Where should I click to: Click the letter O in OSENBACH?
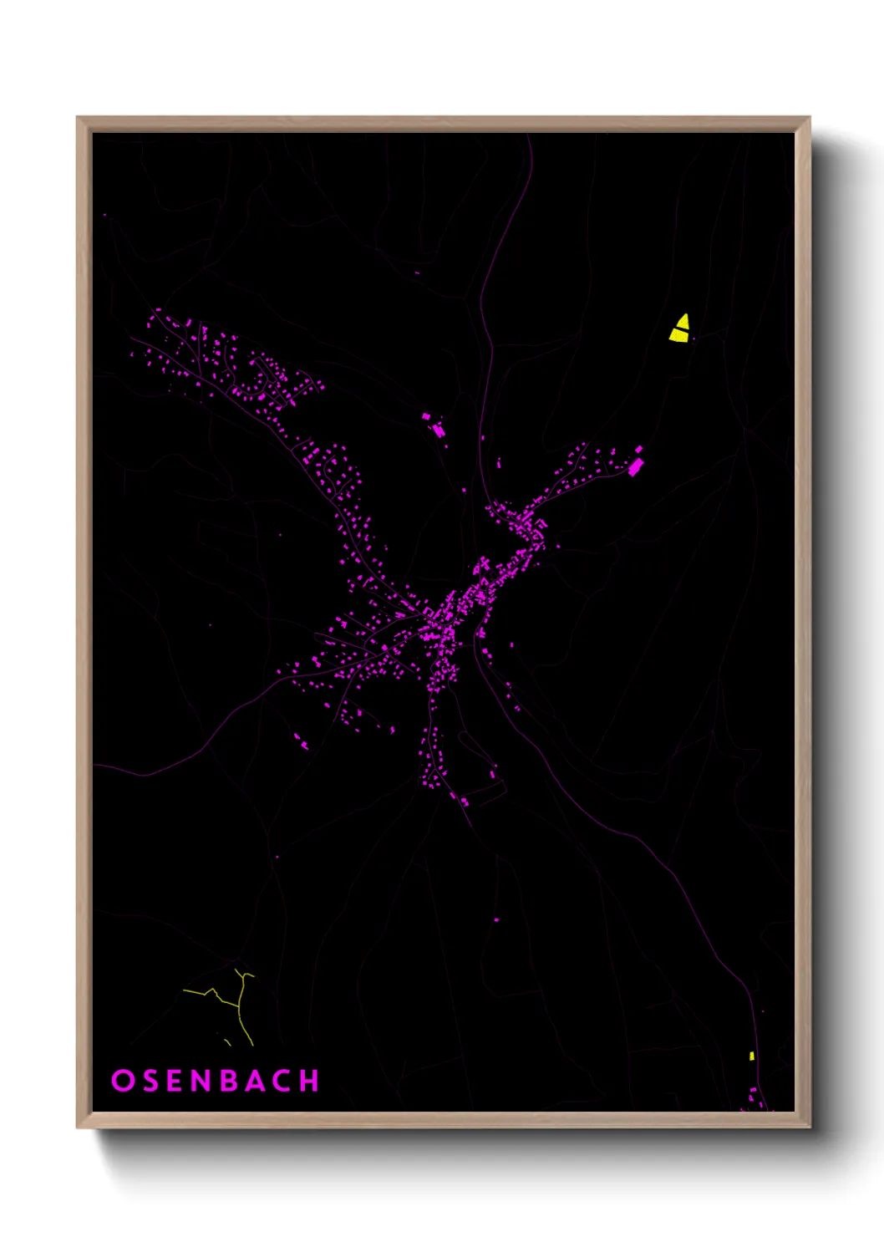click(x=122, y=1080)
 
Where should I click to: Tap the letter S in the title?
click(x=150, y=1080)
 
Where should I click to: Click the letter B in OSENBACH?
click(x=230, y=1080)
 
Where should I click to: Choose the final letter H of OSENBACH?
click(x=310, y=1080)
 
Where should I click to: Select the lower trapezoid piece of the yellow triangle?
click(x=679, y=336)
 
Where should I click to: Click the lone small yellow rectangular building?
click(x=751, y=1056)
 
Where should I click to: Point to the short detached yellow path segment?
click(x=227, y=1042)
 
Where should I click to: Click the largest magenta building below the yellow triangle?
click(x=635, y=466)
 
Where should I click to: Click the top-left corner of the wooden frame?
click(x=78, y=118)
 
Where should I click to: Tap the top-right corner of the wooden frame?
click(x=810, y=118)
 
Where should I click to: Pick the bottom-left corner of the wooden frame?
click(x=78, y=1128)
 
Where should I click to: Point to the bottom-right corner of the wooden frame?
click(x=810, y=1128)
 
